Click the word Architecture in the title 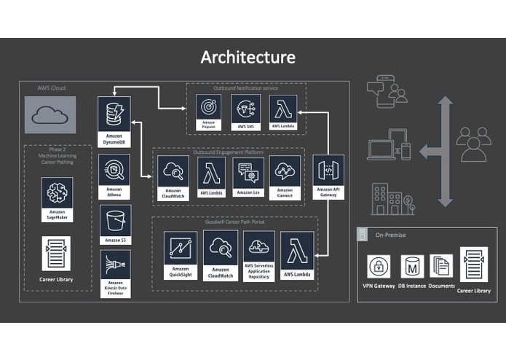pyautogui.click(x=248, y=57)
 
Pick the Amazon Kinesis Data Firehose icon pyautogui.click(x=115, y=264)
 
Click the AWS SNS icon pyautogui.click(x=245, y=109)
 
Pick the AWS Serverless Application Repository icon pyautogui.click(x=260, y=247)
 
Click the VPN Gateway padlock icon pyautogui.click(x=379, y=265)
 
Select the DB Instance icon pyautogui.click(x=413, y=265)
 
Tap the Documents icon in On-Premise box pyautogui.click(x=442, y=265)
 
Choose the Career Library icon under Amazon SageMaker pyautogui.click(x=58, y=254)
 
